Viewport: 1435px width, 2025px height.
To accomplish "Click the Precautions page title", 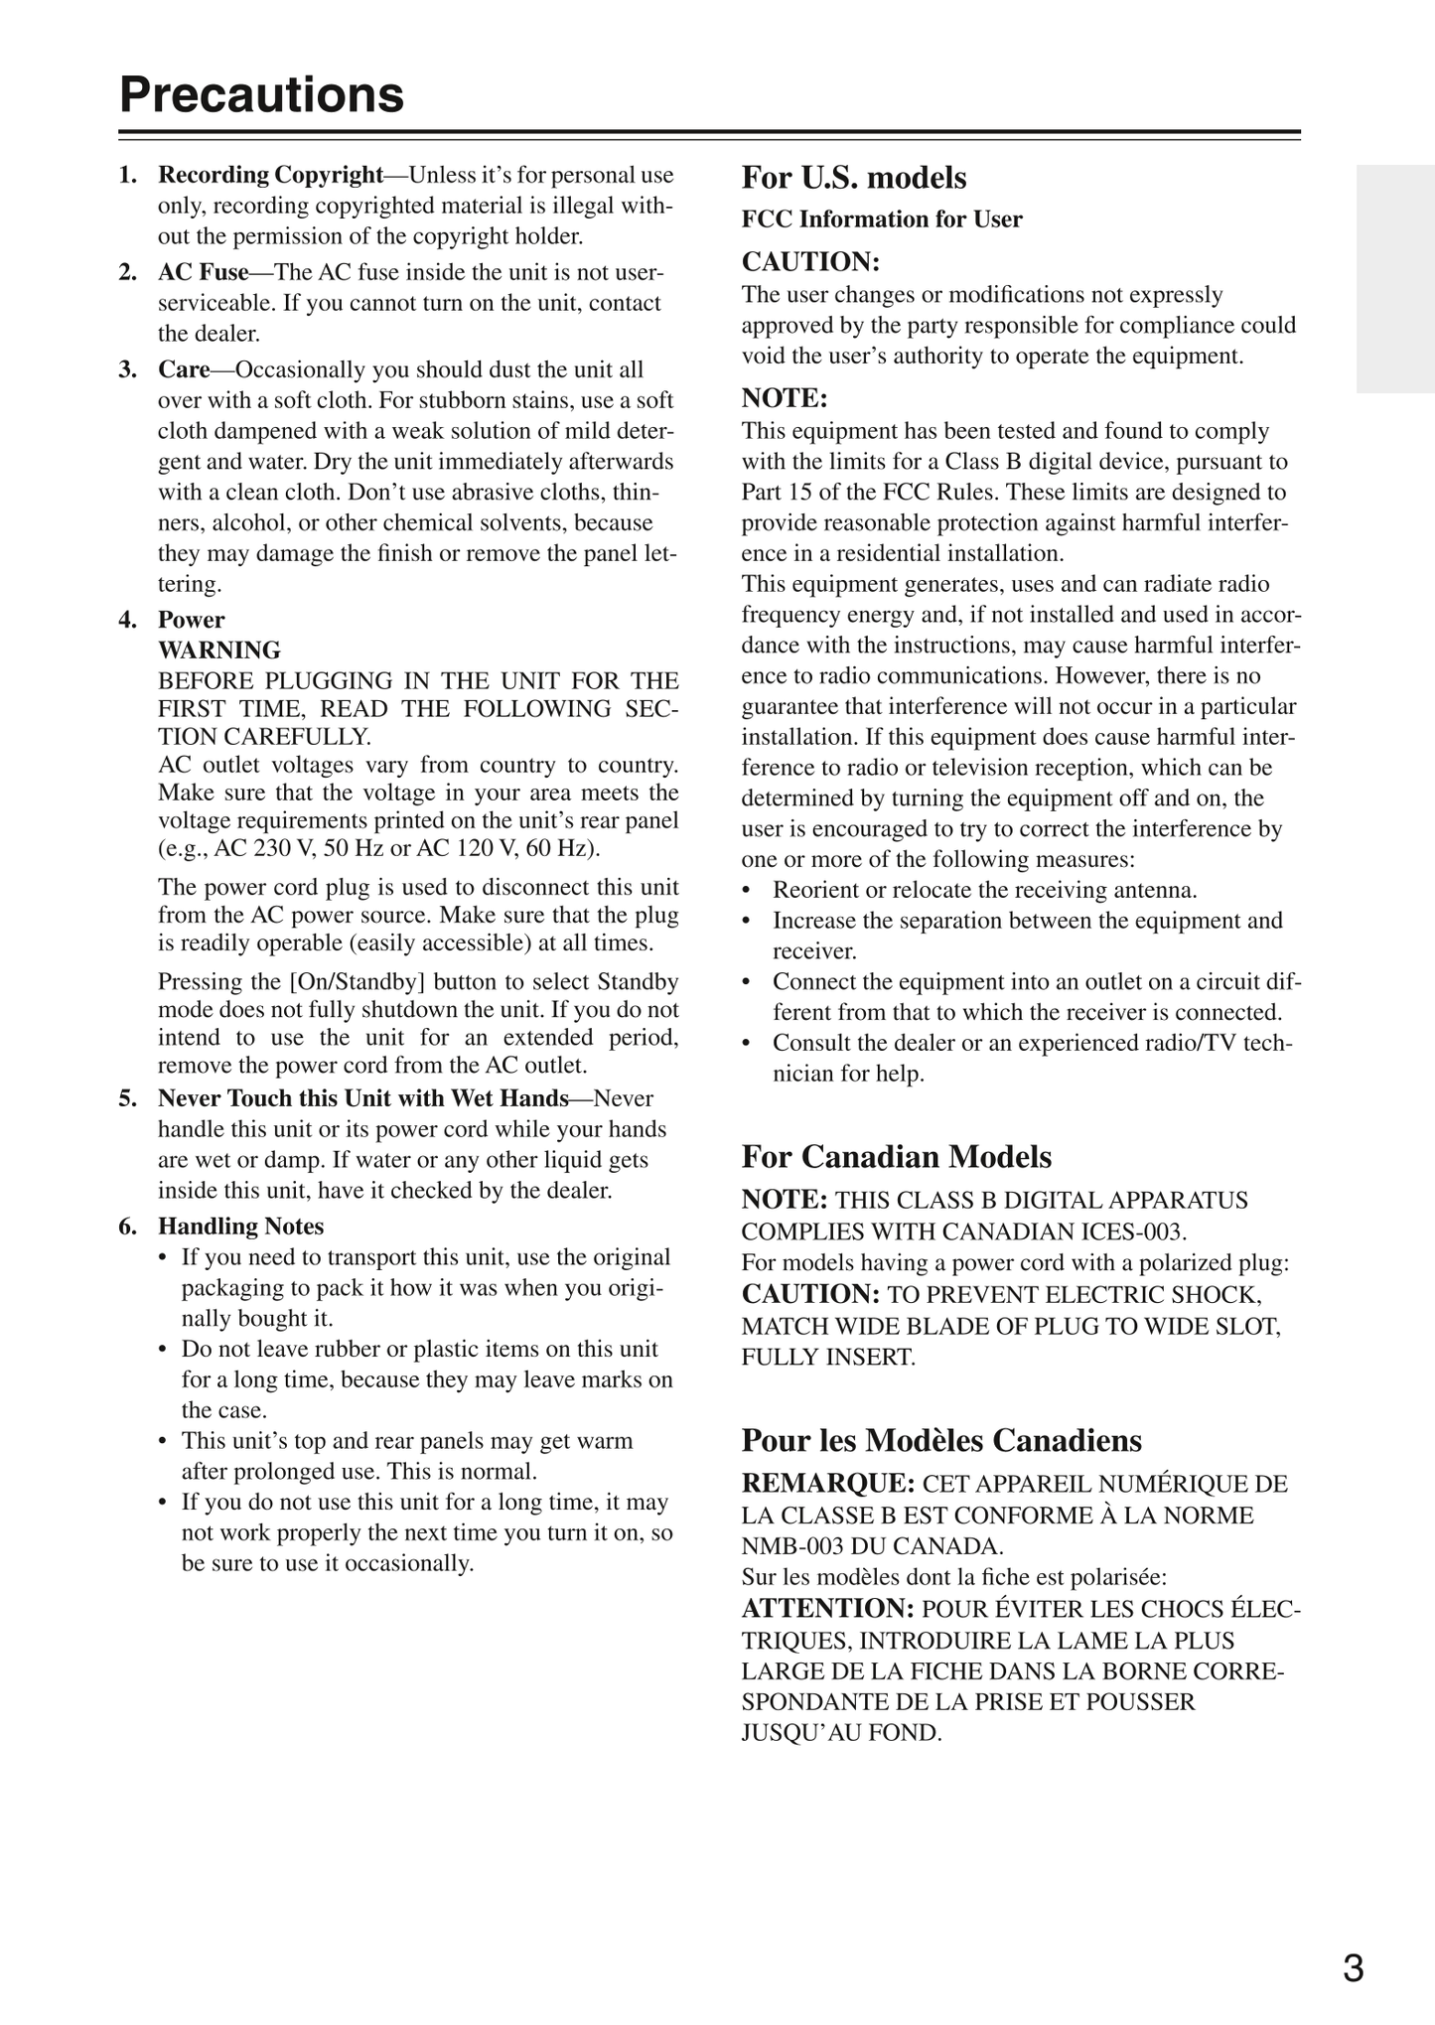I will (262, 95).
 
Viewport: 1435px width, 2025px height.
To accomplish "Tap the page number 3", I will (1353, 1967).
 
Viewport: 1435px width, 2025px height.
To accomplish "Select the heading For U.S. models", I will (854, 178).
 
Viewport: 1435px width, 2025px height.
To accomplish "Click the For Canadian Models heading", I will (896, 1157).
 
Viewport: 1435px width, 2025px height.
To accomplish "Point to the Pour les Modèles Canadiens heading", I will (941, 1440).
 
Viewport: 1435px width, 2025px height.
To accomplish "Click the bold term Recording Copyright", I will (270, 175).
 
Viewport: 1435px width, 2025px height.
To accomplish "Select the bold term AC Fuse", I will (203, 272).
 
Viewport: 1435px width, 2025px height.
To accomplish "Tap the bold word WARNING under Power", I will (219, 651).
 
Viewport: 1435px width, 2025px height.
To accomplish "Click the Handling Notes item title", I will (240, 1227).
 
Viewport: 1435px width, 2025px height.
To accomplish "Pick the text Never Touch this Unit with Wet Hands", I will (362, 1098).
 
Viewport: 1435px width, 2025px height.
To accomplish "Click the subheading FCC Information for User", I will (882, 219).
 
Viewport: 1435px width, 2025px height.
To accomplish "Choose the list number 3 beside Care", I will (127, 369).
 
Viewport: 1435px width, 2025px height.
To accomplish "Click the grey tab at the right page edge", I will (1395, 279).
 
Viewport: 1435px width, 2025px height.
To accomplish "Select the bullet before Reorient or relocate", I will (747, 891).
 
